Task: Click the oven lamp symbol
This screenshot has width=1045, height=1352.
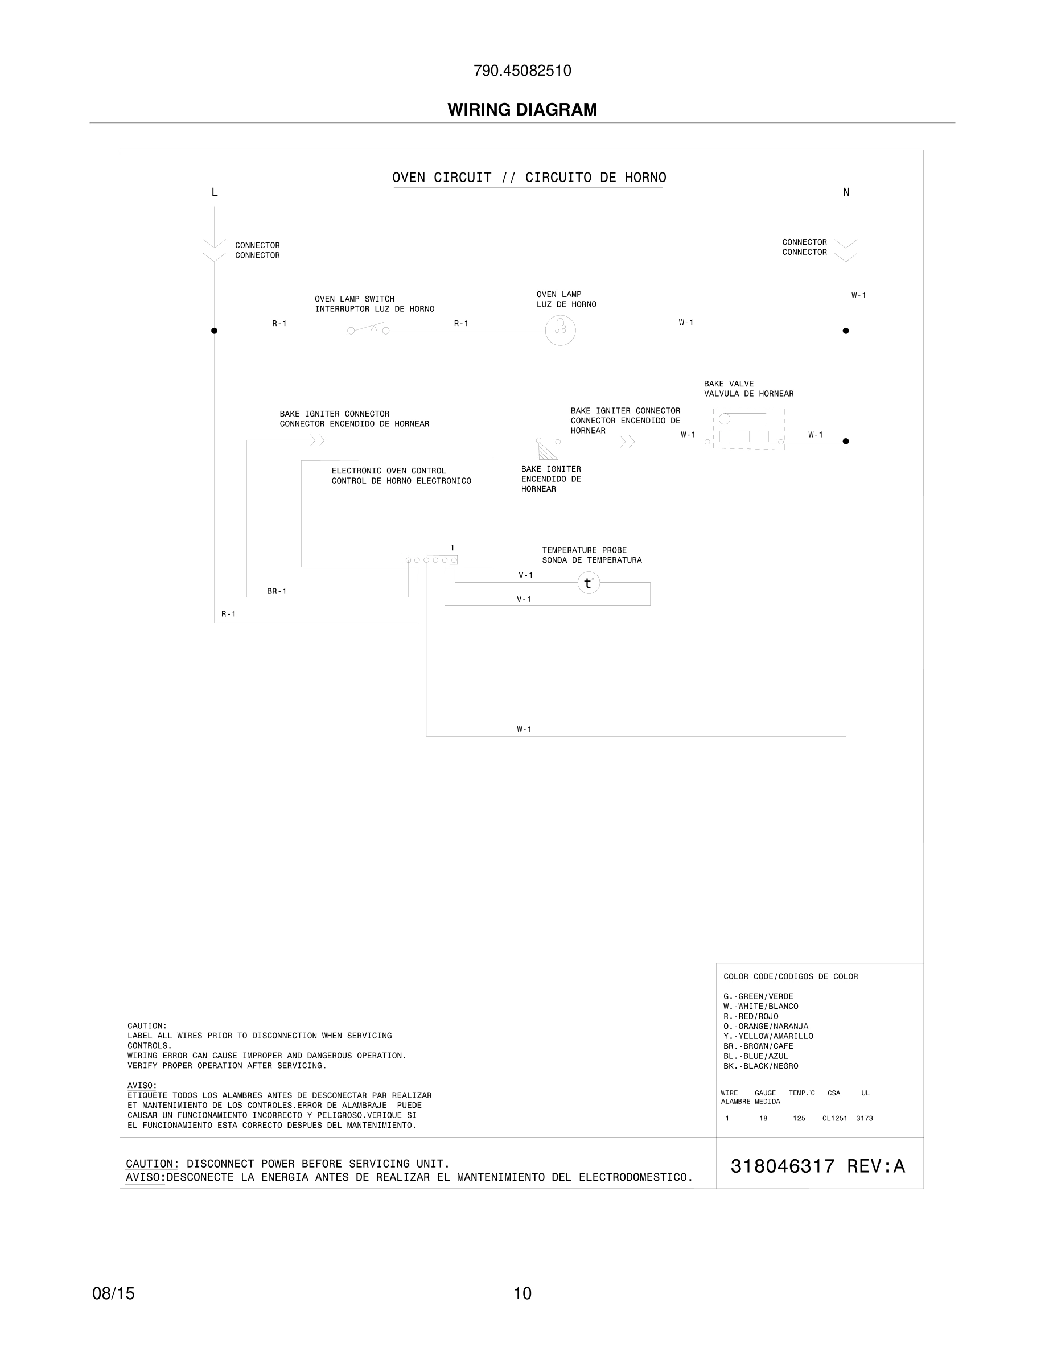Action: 560,330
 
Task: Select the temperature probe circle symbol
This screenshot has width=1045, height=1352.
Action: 588,583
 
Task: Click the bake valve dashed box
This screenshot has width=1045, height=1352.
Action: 748,428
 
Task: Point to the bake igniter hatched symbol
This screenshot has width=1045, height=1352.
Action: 548,449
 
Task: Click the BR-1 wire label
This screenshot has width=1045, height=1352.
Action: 277,591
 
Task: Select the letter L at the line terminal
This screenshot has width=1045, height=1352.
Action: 215,192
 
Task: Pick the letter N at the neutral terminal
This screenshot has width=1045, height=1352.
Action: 846,192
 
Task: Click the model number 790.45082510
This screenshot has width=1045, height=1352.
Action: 522,71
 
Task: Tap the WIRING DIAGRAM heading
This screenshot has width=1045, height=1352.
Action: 522,110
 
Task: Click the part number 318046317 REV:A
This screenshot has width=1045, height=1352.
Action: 817,1166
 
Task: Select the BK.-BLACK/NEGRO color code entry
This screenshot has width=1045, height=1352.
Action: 760,1066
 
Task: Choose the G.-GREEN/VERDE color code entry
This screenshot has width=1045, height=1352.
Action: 758,997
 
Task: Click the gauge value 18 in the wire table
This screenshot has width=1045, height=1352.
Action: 763,1118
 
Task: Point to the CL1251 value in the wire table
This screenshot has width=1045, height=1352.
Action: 834,1118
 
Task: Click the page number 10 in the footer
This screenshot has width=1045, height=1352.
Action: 522,1293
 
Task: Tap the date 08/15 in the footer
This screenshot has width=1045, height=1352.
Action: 113,1293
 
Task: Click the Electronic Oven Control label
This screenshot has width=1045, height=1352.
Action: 401,476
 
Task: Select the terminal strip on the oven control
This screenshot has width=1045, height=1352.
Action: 430,559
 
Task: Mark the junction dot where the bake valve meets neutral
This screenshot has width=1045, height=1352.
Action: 846,442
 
